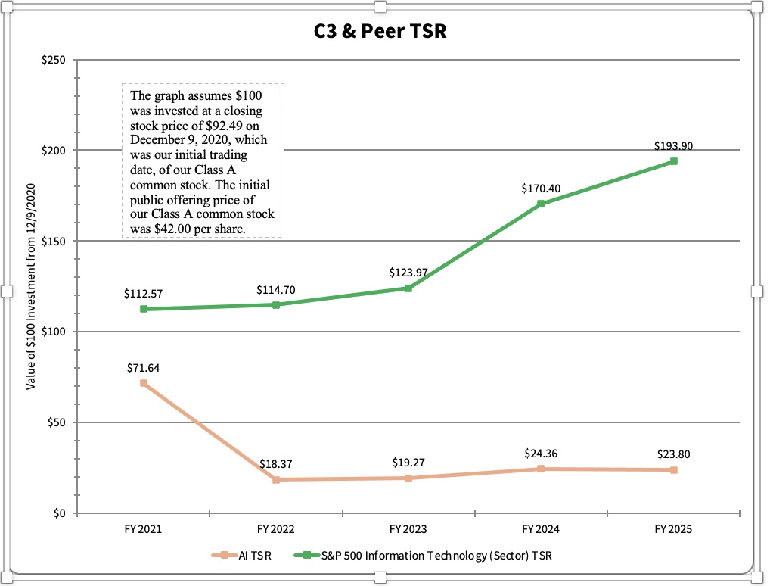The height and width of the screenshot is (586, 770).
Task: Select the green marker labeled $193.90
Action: pyautogui.click(x=673, y=161)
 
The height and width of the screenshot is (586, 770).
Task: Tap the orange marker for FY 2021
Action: pyautogui.click(x=144, y=383)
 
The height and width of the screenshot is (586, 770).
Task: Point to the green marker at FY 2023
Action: pyautogui.click(x=408, y=288)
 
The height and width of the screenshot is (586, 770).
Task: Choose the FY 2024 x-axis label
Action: pyautogui.click(x=540, y=529)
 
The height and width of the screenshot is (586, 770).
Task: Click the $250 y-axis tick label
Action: pyautogui.click(x=53, y=60)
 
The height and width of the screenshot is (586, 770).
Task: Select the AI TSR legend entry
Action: pyautogui.click(x=241, y=556)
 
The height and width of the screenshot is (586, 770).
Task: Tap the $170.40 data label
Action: pyautogui.click(x=540, y=188)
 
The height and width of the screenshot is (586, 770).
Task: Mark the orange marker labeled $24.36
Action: pyautogui.click(x=541, y=469)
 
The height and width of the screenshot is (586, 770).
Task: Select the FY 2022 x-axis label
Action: pyautogui.click(x=275, y=529)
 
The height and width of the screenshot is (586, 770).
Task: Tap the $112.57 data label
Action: pyautogui.click(x=143, y=293)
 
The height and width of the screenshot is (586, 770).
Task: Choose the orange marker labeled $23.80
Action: pyautogui.click(x=673, y=470)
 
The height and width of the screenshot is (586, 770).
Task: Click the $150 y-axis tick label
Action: pyautogui.click(x=53, y=241)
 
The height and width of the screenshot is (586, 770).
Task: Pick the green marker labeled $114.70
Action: pyautogui.click(x=276, y=304)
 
